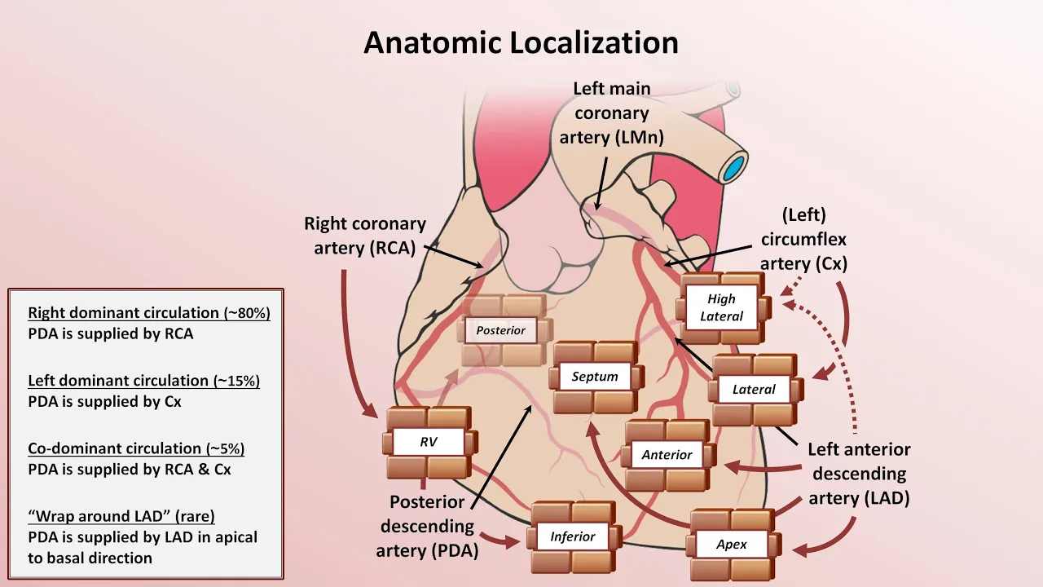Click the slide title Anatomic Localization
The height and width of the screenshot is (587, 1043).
tap(521, 42)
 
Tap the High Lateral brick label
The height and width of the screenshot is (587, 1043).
tap(721, 307)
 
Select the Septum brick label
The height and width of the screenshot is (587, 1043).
tap(595, 377)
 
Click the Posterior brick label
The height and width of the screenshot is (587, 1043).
tap(500, 330)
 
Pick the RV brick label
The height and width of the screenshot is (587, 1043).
tap(429, 442)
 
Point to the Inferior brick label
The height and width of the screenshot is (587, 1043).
tap(573, 536)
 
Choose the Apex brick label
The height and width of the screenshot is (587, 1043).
tap(732, 544)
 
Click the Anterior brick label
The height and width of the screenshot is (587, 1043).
tap(667, 455)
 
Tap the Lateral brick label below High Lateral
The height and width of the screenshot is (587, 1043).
tap(754, 390)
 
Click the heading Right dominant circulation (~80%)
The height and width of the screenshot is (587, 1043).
tap(149, 312)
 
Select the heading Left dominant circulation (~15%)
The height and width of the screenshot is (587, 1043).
tap(144, 381)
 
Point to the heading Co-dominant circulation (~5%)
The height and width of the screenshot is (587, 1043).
tap(136, 448)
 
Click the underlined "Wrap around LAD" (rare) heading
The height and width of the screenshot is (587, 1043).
tap(121, 516)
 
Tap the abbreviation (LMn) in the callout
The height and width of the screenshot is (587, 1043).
tap(641, 138)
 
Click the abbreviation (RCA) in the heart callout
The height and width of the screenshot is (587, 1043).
tap(393, 248)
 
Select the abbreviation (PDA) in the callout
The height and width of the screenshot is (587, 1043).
tap(455, 550)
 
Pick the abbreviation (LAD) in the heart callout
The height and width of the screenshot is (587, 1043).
tap(887, 498)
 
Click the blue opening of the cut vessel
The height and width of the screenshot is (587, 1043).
tap(735, 169)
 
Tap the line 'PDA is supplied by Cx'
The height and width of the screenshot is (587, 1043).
tap(104, 402)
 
